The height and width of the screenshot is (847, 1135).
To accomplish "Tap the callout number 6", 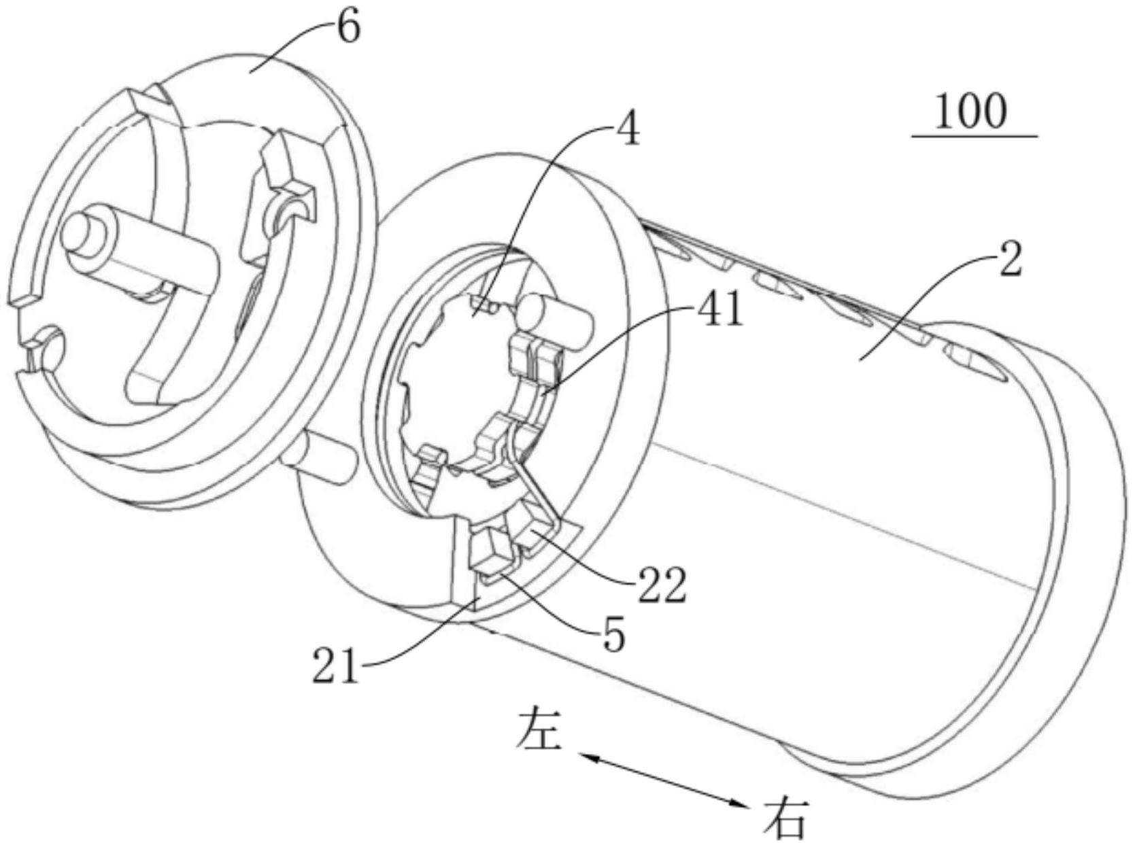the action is [x=348, y=29].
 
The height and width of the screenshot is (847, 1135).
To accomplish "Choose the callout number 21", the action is [x=336, y=667].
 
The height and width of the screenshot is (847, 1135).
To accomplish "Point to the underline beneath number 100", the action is [x=975, y=137].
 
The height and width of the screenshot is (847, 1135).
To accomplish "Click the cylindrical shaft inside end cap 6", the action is [x=139, y=249].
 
